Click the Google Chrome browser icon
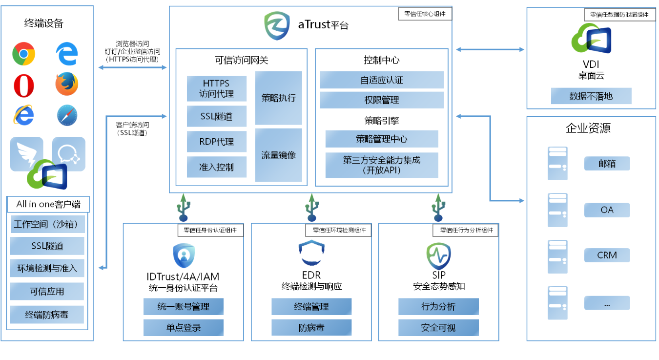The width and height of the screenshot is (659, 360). (23, 54)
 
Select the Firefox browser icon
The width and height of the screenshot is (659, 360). (67, 84)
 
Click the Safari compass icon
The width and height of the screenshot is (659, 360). (67, 115)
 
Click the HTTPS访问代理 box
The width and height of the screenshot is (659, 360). (216, 88)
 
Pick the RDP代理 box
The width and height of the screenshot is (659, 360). (216, 142)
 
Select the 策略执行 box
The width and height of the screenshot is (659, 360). (278, 98)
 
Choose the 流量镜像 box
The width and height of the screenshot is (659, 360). (278, 155)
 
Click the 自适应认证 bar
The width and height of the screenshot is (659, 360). (381, 80)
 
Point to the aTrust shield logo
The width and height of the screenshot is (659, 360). (277, 25)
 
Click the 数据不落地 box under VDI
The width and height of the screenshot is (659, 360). (591, 96)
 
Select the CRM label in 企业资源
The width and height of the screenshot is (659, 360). (607, 255)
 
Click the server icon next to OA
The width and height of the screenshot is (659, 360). (557, 210)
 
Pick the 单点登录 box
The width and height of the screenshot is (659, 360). (183, 327)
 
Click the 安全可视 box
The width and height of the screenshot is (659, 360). (438, 327)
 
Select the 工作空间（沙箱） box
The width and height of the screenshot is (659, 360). (47, 224)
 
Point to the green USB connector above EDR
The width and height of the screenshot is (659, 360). (311, 207)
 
